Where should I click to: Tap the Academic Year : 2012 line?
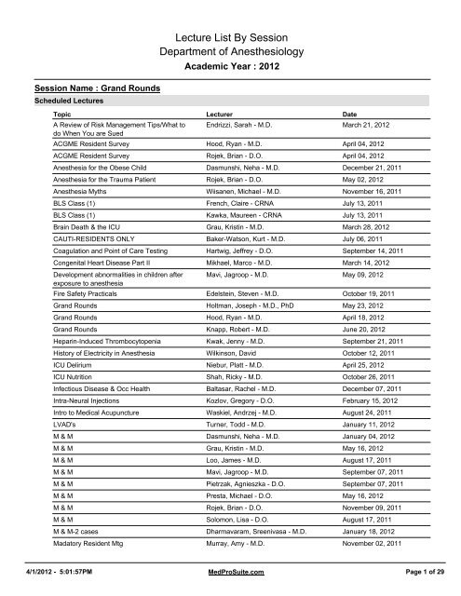click(230, 69)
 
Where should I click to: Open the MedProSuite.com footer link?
click(230, 582)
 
